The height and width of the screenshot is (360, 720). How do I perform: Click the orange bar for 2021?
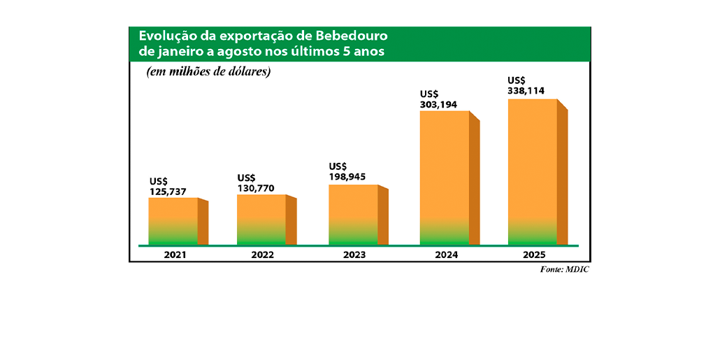(173, 220)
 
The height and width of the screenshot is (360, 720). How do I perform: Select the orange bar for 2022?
(261, 219)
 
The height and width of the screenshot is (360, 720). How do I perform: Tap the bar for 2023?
(353, 214)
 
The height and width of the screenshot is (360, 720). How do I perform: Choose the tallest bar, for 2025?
(533, 171)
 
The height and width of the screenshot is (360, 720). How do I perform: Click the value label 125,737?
(168, 192)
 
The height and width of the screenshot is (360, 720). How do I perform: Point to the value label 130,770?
(256, 188)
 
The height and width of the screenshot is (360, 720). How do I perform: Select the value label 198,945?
(347, 176)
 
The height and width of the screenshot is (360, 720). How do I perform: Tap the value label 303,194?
(438, 103)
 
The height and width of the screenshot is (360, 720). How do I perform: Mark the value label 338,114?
(526, 91)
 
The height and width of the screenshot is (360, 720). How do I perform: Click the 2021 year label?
(174, 255)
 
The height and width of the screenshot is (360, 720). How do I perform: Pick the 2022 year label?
(262, 255)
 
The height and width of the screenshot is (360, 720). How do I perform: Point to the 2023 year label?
(354, 255)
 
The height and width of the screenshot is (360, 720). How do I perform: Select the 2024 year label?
(445, 255)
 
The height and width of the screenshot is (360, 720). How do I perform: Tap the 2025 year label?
(533, 255)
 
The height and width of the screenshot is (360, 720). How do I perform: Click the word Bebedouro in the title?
(352, 36)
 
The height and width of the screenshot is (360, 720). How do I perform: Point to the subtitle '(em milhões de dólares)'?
(208, 72)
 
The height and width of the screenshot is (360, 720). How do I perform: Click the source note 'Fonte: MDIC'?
(565, 270)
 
